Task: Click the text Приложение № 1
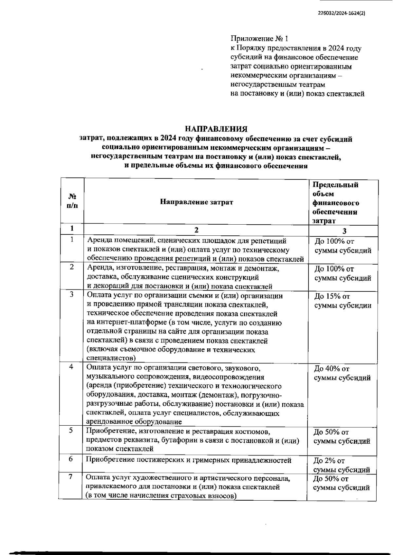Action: pyautogui.click(x=259, y=39)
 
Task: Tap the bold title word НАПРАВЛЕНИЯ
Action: pyautogui.click(x=216, y=129)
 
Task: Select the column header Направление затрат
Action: pyautogui.click(x=196, y=202)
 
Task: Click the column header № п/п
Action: pyautogui.click(x=72, y=201)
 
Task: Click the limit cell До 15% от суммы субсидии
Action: pyautogui.click(x=343, y=301)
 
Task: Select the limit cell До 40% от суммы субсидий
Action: pyautogui.click(x=342, y=373)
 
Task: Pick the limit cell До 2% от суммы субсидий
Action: pyautogui.click(x=342, y=465)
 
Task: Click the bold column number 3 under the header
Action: pyautogui.click(x=344, y=231)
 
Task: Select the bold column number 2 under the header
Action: pyautogui.click(x=196, y=230)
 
